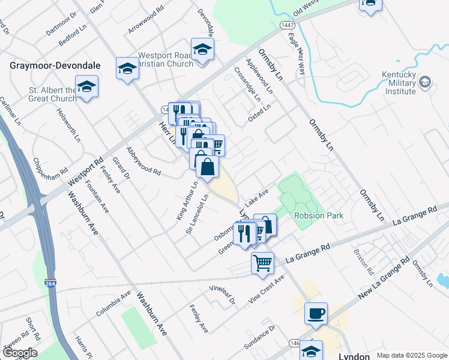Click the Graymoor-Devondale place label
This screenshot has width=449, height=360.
55,65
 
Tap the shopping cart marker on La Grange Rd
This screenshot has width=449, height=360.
263,263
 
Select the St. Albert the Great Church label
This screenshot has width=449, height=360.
53,94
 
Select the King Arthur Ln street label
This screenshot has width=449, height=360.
187,200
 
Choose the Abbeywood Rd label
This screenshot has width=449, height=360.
144,161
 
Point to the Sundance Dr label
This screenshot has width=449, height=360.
263,336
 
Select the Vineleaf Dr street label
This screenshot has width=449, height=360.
222,294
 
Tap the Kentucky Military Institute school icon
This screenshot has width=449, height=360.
425,81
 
